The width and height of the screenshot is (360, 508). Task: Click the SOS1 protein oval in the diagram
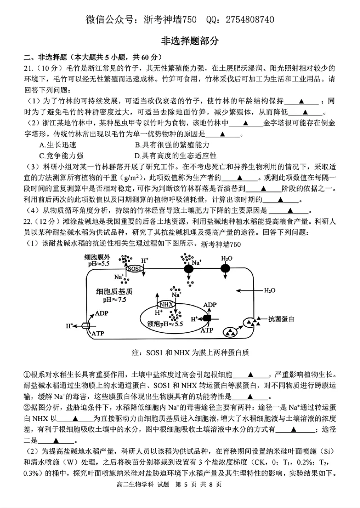point(135,268)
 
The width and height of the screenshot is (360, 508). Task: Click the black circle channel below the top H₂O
point(225,268)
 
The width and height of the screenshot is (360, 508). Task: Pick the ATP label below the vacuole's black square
point(207,330)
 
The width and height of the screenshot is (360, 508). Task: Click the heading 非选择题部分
point(189,41)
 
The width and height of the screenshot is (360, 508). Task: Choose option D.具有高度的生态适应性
point(175,156)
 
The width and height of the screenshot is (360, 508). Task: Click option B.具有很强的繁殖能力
point(172,145)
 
